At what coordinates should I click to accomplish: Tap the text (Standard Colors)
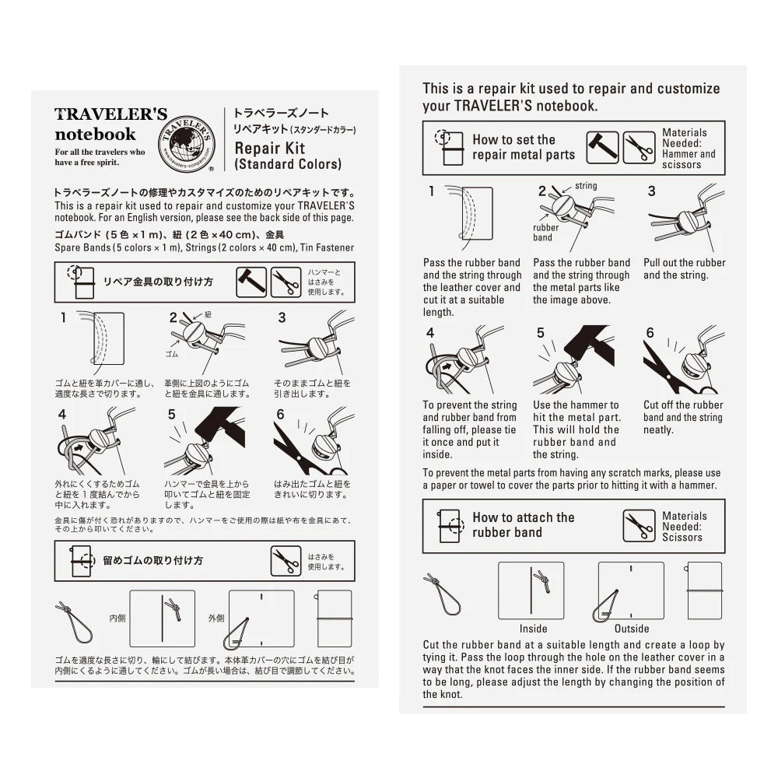tap(287, 164)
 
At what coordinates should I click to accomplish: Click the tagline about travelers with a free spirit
tap(100, 157)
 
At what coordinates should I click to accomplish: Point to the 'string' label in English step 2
tap(586, 186)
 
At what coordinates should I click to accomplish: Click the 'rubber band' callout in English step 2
tap(545, 233)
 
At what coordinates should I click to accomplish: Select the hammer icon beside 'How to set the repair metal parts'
tap(602, 148)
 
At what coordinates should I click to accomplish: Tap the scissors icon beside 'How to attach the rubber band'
tap(639, 526)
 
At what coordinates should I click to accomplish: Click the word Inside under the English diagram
tap(533, 629)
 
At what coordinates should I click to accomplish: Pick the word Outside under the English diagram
tap(632, 629)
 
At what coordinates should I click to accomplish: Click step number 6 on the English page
tap(650, 333)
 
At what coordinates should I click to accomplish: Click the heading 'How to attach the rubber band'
tap(523, 525)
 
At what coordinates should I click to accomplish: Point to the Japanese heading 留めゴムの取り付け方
tap(152, 560)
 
